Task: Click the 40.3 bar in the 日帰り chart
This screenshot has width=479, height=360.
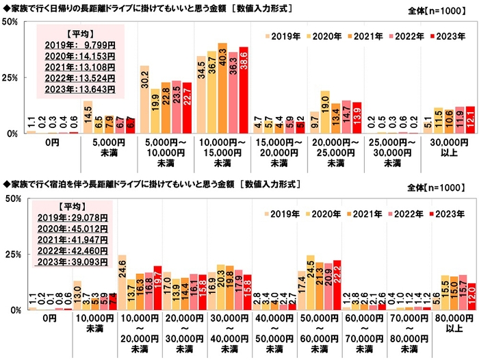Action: coord(222,89)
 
